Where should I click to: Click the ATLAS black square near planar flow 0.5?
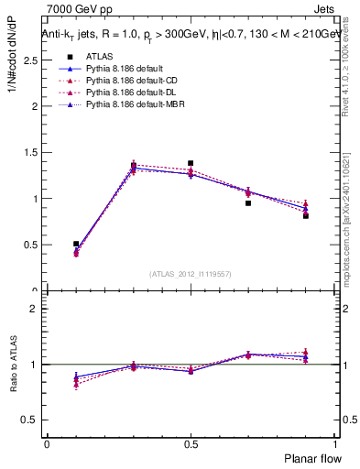click(x=191, y=163)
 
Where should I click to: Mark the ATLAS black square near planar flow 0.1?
click(x=76, y=244)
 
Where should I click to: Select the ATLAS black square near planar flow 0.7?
click(x=248, y=202)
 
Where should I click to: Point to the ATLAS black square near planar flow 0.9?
click(x=306, y=215)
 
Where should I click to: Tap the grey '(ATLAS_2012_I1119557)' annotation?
click(x=191, y=274)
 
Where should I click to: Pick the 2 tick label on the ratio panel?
click(x=34, y=309)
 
